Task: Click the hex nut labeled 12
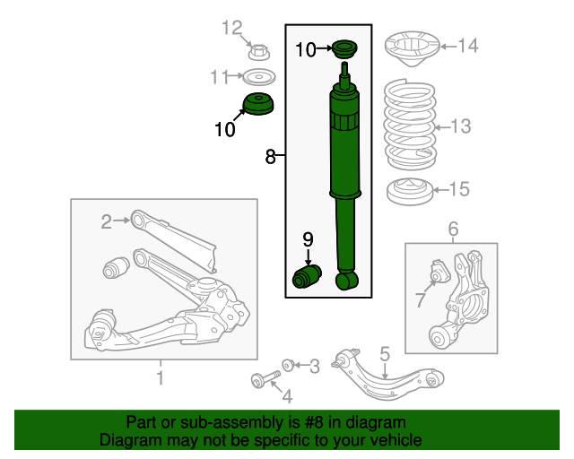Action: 259,52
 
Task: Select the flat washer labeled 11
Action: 259,77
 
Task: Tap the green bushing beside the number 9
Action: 307,277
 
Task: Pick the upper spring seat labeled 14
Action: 413,48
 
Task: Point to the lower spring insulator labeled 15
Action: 410,192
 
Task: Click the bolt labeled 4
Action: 266,378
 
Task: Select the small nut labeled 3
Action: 289,365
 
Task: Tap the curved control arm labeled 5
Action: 387,375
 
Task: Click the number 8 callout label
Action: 270,157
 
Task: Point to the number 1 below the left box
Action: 161,377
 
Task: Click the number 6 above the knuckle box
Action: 453,229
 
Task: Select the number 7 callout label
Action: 420,299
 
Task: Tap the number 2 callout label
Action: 107,221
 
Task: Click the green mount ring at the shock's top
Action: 344,49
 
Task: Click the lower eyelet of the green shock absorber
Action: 347,281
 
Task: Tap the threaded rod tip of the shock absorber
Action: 344,69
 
